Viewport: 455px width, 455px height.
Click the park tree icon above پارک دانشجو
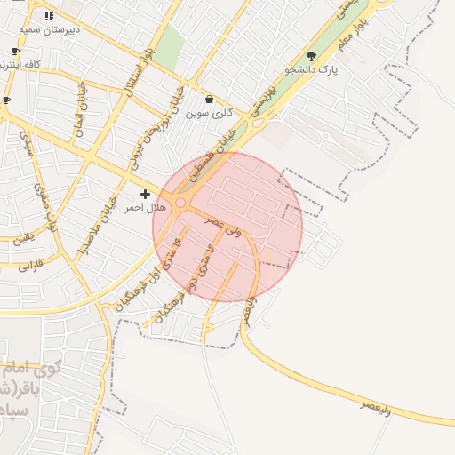pos(310,56)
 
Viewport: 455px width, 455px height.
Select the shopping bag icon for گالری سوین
pos(209,99)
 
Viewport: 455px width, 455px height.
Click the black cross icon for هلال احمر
pos(145,194)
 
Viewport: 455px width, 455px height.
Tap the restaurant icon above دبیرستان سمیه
pos(49,15)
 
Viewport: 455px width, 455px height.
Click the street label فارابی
pos(30,265)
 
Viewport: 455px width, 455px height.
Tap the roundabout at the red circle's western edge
pos(180,204)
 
